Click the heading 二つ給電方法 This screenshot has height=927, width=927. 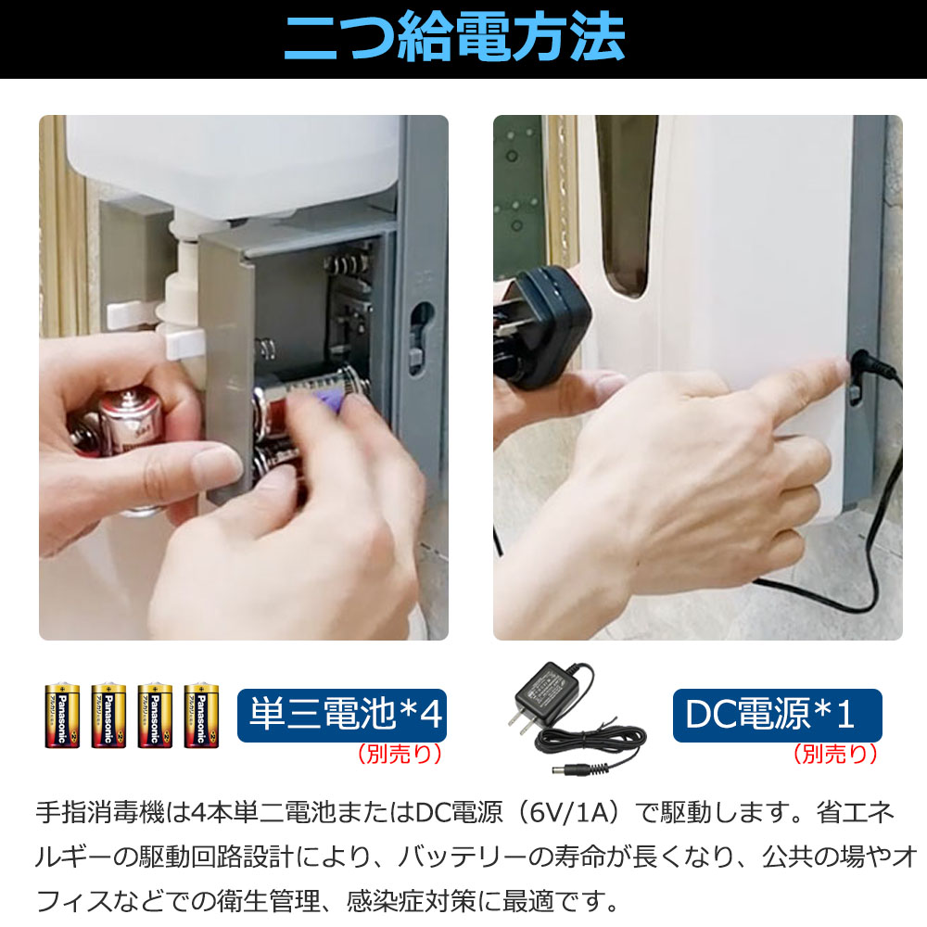pyautogui.click(x=453, y=39)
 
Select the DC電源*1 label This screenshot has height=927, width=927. pyautogui.click(x=777, y=716)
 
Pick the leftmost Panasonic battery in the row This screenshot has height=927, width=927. pyautogui.click(x=63, y=716)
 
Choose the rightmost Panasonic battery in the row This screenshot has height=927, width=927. pyautogui.click(x=200, y=716)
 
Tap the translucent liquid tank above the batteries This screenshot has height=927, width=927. pyautogui.click(x=232, y=162)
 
